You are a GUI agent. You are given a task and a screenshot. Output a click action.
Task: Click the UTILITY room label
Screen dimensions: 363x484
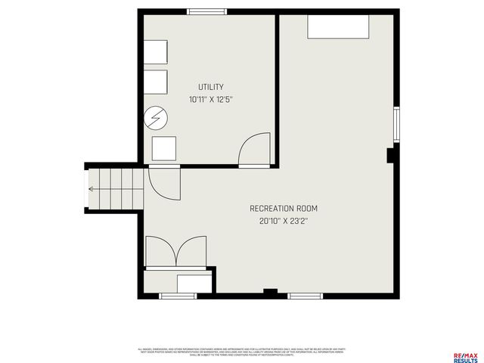coord(210,87)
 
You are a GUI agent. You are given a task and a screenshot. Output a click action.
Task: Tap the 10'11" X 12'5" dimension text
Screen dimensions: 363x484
coord(210,100)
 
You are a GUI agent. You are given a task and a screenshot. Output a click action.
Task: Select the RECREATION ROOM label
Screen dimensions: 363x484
coord(284,208)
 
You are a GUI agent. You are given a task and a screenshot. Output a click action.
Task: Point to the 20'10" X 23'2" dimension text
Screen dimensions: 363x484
coord(284,221)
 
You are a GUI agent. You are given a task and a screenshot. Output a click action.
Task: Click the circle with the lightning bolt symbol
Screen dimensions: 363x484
coord(157,118)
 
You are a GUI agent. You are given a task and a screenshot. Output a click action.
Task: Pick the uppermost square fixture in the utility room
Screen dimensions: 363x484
coord(156,51)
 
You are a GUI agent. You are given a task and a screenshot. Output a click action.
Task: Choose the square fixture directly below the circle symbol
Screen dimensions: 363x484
coord(163,148)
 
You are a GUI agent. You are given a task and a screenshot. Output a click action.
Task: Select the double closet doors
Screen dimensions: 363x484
coord(175,251)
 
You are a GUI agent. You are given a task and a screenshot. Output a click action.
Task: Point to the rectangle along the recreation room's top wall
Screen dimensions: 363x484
coord(338,26)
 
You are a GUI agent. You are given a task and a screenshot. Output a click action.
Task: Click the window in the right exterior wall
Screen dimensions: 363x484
coord(395,125)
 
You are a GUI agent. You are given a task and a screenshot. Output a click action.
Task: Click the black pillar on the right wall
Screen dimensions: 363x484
coord(391,155)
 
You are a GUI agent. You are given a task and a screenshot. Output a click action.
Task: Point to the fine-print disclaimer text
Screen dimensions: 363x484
coord(241,352)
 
